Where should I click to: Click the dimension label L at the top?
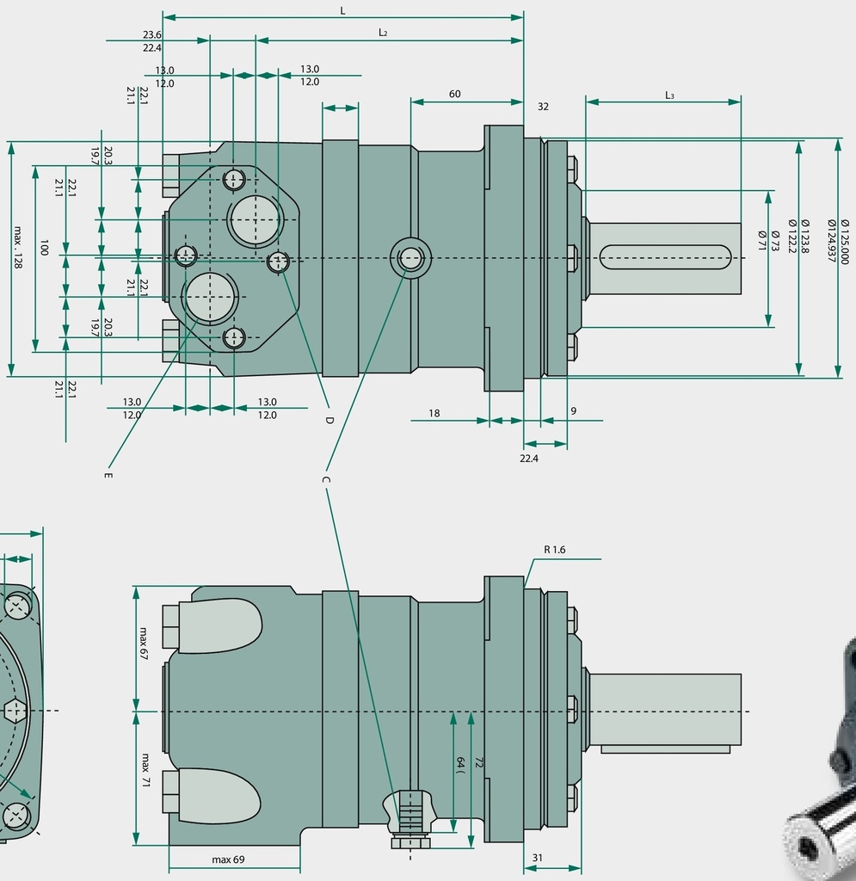[342, 10]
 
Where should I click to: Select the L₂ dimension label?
[383, 33]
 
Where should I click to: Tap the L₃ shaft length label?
[669, 95]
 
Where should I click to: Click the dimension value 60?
[454, 94]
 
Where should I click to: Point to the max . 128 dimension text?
[17, 247]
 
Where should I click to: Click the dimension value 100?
[44, 248]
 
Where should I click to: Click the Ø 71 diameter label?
[762, 240]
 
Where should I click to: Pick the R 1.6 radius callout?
[554, 550]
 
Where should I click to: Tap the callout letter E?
[108, 475]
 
